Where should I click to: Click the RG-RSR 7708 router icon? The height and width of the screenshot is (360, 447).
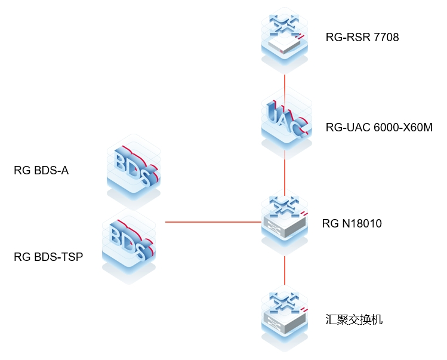pyautogui.click(x=285, y=38)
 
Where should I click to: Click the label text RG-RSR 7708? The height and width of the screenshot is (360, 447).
pyautogui.click(x=362, y=38)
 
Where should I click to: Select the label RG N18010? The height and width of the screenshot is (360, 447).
pyautogui.click(x=352, y=224)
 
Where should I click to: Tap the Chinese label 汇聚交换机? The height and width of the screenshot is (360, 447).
pyautogui.click(x=354, y=319)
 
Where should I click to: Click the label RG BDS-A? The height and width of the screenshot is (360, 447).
pyautogui.click(x=41, y=171)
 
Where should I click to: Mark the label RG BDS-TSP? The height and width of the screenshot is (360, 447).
pyautogui.click(x=48, y=257)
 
